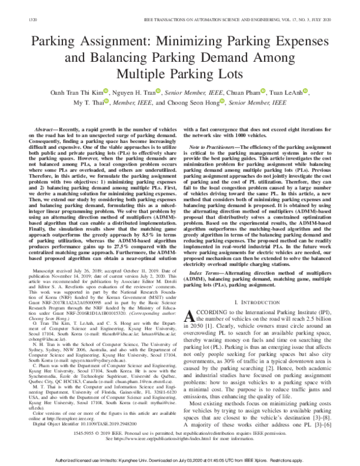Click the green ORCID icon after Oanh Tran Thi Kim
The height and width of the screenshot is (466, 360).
105,91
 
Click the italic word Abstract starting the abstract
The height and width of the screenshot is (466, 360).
46,130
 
